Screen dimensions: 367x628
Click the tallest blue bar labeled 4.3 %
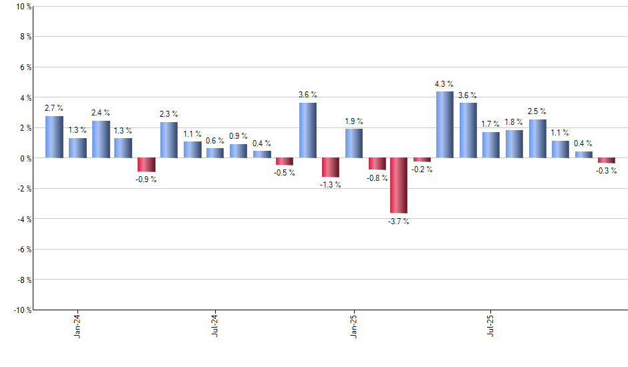pos(445,125)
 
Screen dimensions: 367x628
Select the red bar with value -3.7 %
pos(399,186)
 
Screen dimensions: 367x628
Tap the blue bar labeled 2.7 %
pos(54,137)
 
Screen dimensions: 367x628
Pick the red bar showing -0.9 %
pos(146,165)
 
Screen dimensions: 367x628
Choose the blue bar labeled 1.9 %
pos(354,143)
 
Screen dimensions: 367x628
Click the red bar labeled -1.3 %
pos(331,167)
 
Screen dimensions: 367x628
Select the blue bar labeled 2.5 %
pos(537,139)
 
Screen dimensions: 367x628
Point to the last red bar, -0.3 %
pos(607,161)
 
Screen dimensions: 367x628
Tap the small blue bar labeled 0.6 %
pos(215,153)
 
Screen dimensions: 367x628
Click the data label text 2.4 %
pos(101,113)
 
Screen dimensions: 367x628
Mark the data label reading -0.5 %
pos(285,173)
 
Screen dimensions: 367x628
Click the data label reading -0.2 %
pos(422,169)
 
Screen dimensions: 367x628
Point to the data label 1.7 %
pos(490,124)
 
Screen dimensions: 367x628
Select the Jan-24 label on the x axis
pos(78,325)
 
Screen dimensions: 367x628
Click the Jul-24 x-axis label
pos(216,325)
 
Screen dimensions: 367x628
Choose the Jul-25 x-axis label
pos(491,325)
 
